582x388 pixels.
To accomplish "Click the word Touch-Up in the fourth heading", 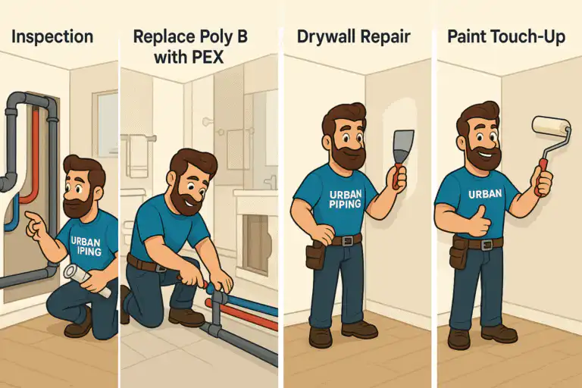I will click(530, 36).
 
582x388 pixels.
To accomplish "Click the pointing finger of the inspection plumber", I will click(29, 219).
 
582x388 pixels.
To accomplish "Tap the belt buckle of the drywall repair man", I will click(347, 240).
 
